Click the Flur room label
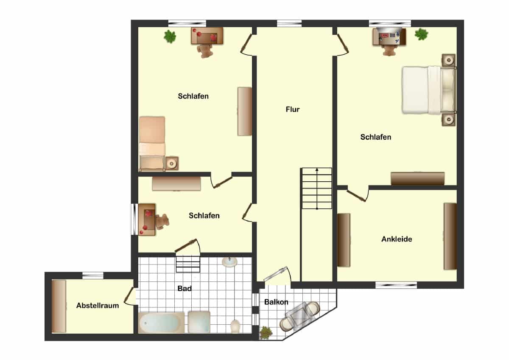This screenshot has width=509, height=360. [292, 110]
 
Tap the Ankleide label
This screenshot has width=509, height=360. [397, 239]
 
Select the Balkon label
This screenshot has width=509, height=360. [276, 302]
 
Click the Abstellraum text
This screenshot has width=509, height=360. [98, 305]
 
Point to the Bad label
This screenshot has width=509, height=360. [185, 288]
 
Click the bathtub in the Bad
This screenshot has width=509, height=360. [161, 323]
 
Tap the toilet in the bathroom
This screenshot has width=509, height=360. [235, 326]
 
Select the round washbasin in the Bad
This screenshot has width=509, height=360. [229, 262]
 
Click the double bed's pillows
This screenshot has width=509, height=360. [447, 90]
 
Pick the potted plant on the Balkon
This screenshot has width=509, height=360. [266, 333]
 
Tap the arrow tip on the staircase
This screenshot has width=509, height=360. [317, 169]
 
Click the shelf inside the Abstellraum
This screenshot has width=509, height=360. [59, 306]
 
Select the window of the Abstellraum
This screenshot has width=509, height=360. [93, 276]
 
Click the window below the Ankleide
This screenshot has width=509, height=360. [396, 285]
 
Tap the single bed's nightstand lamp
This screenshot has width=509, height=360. [172, 163]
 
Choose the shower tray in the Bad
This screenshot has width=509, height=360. [199, 322]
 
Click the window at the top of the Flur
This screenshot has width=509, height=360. [289, 23]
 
